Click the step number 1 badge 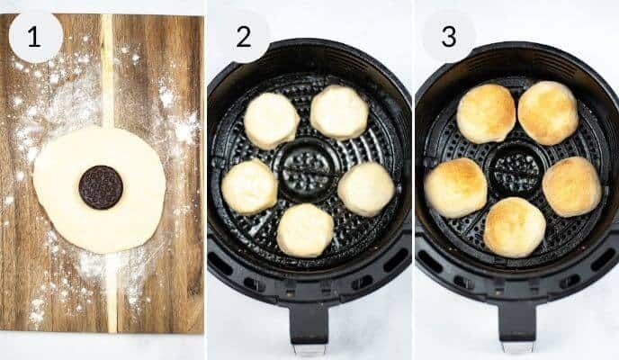click(x=35, y=36)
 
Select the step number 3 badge click(x=449, y=36)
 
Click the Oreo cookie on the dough click(x=101, y=187)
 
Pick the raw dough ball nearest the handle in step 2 click(x=305, y=229)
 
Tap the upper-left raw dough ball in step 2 click(x=272, y=121)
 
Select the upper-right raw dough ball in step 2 click(x=339, y=112)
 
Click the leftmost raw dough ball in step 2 click(x=249, y=186)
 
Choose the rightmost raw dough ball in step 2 click(x=365, y=188)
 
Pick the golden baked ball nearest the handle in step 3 click(x=514, y=227)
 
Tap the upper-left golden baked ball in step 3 click(x=486, y=113)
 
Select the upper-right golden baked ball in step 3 click(x=548, y=112)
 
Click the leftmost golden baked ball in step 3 click(x=455, y=187)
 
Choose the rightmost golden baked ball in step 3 click(x=571, y=186)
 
